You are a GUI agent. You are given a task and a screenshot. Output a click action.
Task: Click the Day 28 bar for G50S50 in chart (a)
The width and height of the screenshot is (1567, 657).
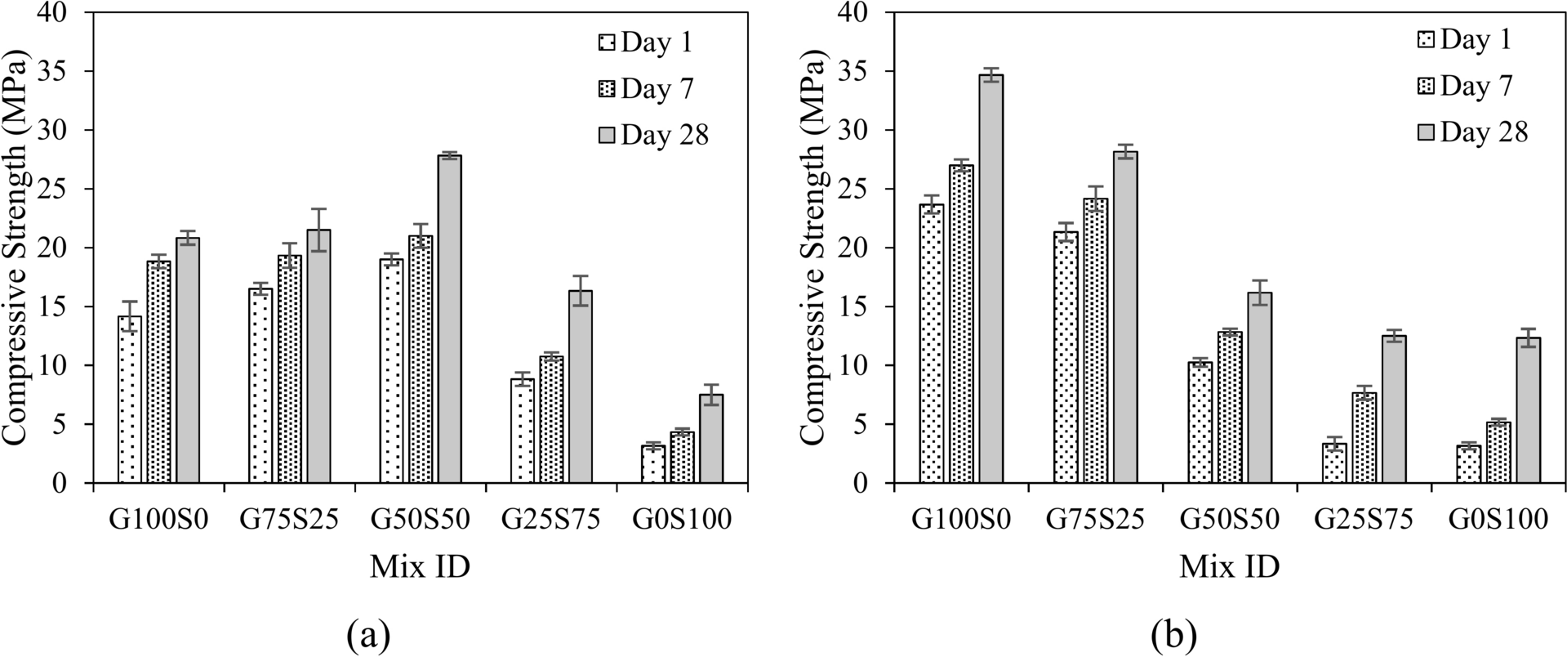coord(450,319)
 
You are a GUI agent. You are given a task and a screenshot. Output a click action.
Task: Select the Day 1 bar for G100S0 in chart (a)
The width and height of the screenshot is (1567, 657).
coord(129,400)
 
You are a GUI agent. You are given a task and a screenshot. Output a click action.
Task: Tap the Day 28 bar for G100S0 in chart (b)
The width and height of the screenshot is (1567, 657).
coord(991,278)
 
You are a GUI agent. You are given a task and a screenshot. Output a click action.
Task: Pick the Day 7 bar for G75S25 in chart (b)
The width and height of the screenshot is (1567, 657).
coord(1095,340)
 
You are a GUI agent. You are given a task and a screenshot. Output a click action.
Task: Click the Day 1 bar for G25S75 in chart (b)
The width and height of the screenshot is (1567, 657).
coord(1334,463)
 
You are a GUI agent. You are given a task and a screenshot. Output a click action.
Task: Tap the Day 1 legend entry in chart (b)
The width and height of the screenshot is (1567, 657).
coord(1465,39)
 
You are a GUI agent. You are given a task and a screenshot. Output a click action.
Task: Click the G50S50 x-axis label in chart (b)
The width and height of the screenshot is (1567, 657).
coord(1229,520)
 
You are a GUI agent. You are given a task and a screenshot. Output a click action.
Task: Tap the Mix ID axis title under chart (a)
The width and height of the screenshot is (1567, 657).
coord(420,566)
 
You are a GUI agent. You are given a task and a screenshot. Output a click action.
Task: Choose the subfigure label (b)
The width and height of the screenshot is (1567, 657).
coord(1174,633)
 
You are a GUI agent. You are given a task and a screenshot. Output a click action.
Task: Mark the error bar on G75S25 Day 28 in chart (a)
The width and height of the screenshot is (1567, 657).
coord(318,230)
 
